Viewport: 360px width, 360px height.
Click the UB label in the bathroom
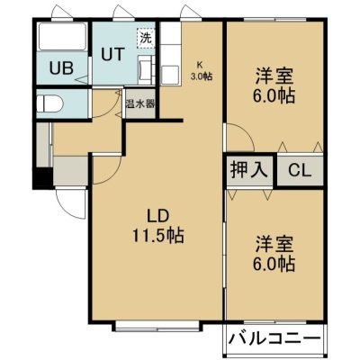(x=61, y=68)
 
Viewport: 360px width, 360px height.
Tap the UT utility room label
(x=112, y=54)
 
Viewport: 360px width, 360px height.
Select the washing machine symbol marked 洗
(x=146, y=38)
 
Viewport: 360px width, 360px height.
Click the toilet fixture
(x=49, y=103)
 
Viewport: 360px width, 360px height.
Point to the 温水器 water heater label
(x=140, y=103)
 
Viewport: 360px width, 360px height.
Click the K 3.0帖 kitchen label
(x=202, y=71)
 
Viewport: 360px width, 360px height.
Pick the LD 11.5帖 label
(x=158, y=226)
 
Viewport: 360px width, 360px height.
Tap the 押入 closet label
(x=249, y=170)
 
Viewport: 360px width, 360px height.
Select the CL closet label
(x=300, y=171)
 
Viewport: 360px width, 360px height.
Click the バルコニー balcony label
(x=274, y=339)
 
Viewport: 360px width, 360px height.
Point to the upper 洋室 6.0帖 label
(x=274, y=85)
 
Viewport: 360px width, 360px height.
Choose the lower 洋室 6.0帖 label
(x=274, y=253)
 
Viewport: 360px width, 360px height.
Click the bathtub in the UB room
(x=62, y=37)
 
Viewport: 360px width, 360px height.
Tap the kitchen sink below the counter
(x=170, y=75)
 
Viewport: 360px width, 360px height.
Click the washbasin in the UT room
(x=147, y=70)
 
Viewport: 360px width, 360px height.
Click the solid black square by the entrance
(x=43, y=178)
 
